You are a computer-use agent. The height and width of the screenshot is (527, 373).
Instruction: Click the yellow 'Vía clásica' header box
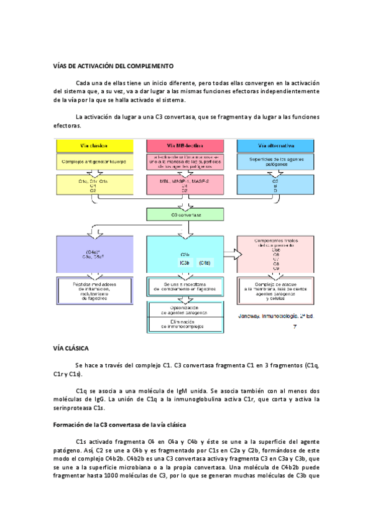pyautogui.click(x=92, y=145)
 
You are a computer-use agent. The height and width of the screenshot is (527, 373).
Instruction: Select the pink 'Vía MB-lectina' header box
pyautogui.click(x=180, y=145)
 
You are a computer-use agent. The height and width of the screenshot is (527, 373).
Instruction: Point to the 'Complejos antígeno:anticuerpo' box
pyautogui.click(x=92, y=162)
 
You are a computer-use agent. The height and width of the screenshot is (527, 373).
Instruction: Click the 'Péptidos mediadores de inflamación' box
pyautogui.click(x=92, y=290)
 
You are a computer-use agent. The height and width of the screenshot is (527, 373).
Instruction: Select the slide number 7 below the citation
pyautogui.click(x=295, y=328)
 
